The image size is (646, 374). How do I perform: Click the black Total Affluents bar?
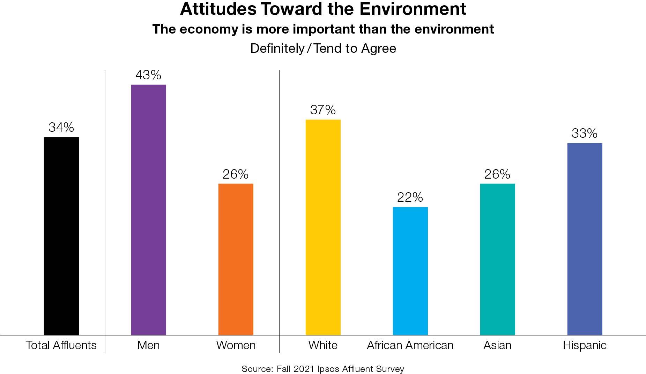(x=61, y=236)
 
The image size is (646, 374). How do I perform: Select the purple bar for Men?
(x=148, y=210)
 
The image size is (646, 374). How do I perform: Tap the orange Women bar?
(x=236, y=259)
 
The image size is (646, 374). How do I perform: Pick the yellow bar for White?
(x=323, y=227)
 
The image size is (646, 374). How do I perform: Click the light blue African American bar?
(x=410, y=271)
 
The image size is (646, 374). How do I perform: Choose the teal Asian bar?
(x=497, y=259)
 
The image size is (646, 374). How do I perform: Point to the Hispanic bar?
(x=585, y=239)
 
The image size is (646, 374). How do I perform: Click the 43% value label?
(x=148, y=75)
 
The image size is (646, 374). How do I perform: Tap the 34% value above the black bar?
(x=61, y=127)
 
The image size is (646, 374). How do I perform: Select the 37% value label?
(x=323, y=110)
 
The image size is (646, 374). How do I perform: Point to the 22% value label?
(x=410, y=197)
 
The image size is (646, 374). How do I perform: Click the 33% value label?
(x=585, y=133)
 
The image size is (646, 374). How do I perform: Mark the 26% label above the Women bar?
(x=236, y=174)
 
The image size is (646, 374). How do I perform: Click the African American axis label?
(x=410, y=345)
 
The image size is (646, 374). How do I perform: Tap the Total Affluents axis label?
(x=61, y=345)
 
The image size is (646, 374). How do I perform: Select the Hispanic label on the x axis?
(x=585, y=345)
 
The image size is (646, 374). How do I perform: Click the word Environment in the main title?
(x=413, y=9)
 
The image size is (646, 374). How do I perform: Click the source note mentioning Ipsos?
(x=323, y=369)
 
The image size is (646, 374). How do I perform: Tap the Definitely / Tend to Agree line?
(x=323, y=48)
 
